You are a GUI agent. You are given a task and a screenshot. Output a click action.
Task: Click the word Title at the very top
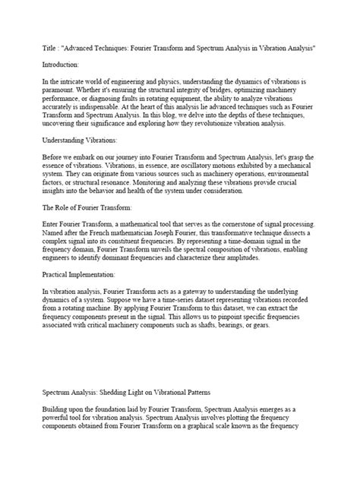click(x=50, y=48)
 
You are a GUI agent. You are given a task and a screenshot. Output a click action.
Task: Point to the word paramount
click(x=64, y=101)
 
